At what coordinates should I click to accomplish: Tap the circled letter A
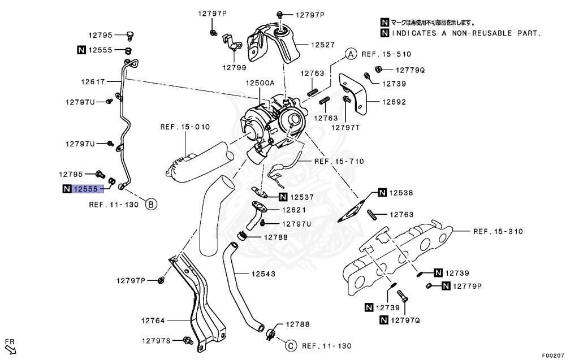coord(350,54)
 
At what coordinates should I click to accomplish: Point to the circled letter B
coord(151,204)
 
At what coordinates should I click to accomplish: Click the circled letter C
coord(289,345)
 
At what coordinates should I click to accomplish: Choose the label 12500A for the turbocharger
coord(260,83)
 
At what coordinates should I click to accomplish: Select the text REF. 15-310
coord(498,231)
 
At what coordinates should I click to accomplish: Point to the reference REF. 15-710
coord(339,161)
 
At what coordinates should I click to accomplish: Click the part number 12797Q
coord(405,320)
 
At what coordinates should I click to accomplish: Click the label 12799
coord(234,67)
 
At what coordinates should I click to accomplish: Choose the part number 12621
coord(295,209)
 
